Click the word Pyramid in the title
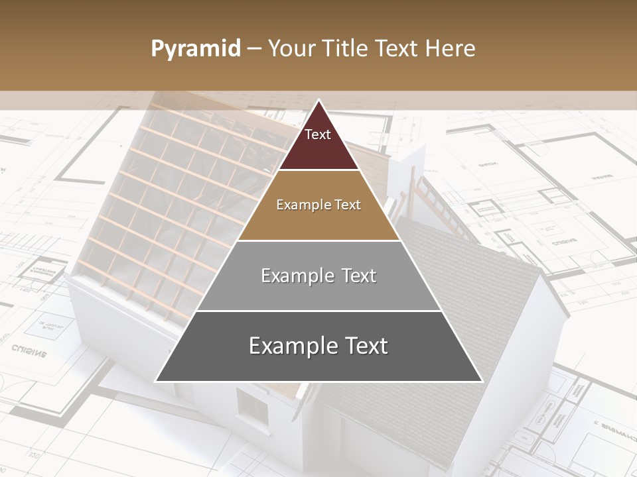pyautogui.click(x=196, y=49)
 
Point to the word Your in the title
pyautogui.click(x=292, y=49)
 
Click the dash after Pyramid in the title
pyautogui.click(x=254, y=49)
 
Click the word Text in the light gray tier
pyautogui.click(x=359, y=276)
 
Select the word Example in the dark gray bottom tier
pyautogui.click(x=292, y=346)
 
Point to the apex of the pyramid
pyautogui.click(x=318, y=101)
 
